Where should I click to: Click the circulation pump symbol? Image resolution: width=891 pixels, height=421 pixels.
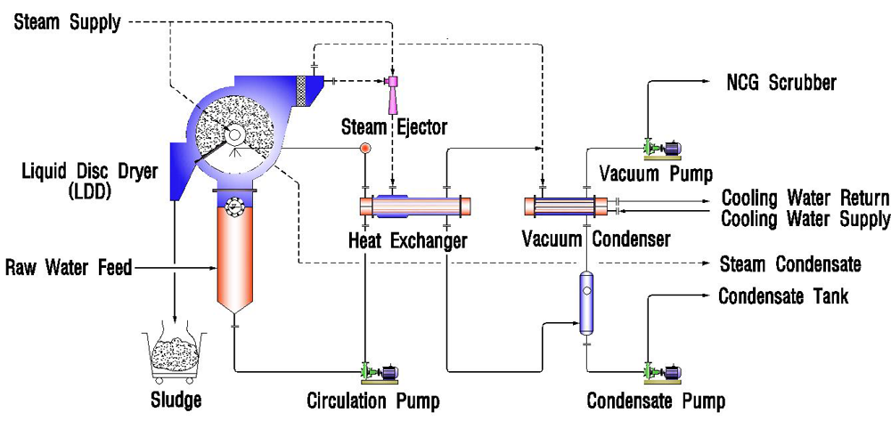tap(379, 371)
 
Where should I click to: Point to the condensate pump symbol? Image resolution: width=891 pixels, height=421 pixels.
tap(658, 371)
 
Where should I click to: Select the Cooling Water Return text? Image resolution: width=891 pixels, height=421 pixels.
tap(805, 198)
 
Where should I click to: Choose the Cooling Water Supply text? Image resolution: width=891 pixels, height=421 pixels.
tap(805, 218)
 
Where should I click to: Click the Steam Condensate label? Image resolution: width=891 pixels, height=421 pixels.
tap(789, 263)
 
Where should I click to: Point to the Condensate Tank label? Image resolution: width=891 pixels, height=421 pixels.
tap(783, 296)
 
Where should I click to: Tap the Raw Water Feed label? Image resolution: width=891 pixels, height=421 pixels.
tap(69, 266)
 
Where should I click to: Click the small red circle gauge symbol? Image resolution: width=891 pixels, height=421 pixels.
tap(364, 148)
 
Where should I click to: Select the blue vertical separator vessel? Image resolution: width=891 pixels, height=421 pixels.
tap(586, 303)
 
